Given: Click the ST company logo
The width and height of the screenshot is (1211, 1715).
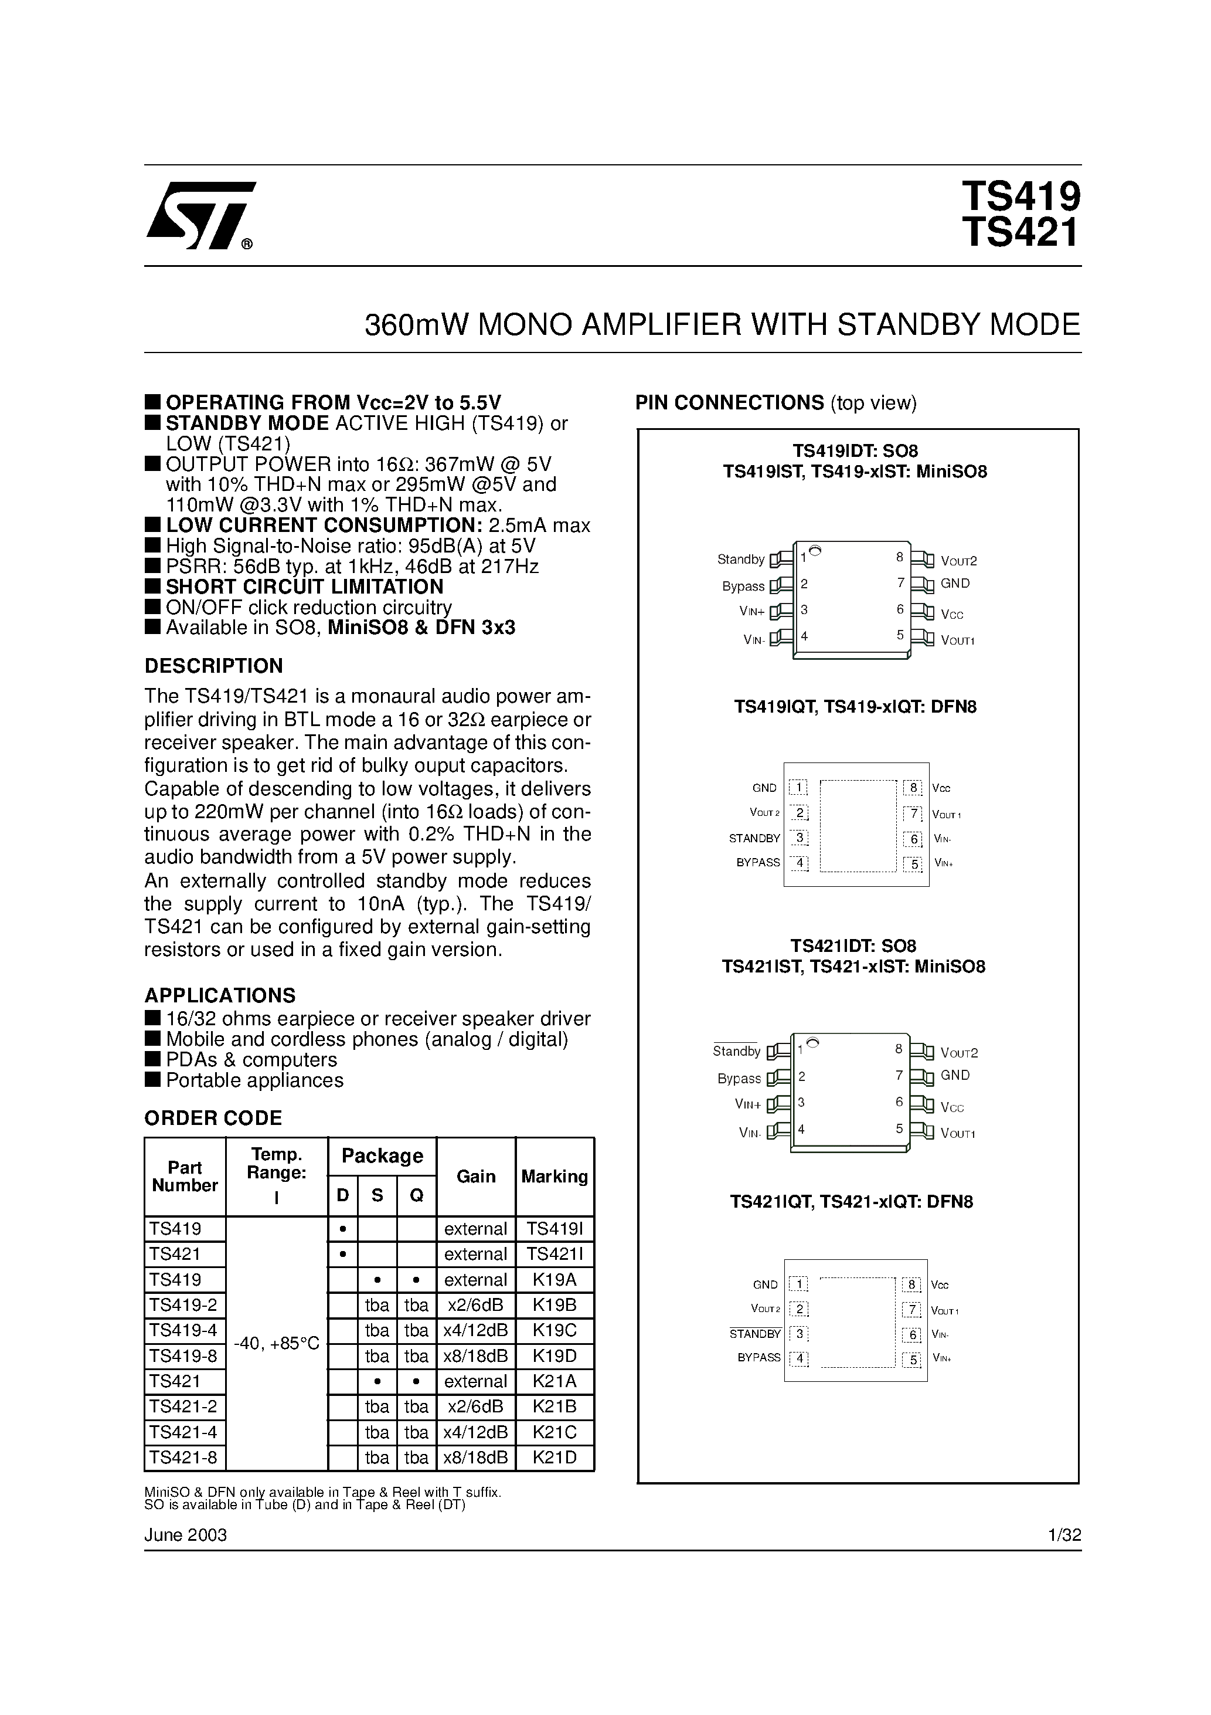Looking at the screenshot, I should tap(200, 215).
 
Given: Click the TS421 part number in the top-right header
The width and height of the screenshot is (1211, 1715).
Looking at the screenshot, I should tap(1020, 232).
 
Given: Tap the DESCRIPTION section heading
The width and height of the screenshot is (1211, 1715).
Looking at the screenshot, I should tap(213, 666).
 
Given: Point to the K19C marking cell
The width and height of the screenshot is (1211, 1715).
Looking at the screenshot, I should tap(555, 1330).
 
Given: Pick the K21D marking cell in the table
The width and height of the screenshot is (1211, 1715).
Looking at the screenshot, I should tap(555, 1458).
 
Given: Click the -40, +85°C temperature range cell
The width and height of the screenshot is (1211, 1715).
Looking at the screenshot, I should tap(276, 1344).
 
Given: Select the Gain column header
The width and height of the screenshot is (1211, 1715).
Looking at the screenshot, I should tap(475, 1177).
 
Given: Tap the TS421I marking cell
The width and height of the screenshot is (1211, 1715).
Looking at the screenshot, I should tap(555, 1254).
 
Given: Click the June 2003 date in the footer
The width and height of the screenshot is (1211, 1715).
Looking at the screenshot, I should tap(185, 1534).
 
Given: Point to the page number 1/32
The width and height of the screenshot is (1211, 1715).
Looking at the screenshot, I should tap(1064, 1535).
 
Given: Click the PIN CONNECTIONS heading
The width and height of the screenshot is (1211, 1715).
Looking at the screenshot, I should tap(729, 402).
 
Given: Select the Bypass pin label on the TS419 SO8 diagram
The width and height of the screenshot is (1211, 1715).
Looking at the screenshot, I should tap(743, 587).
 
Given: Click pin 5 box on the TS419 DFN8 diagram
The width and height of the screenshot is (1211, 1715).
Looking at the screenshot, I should tap(913, 864).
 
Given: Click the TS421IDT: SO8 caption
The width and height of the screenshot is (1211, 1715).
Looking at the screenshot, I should tap(853, 945).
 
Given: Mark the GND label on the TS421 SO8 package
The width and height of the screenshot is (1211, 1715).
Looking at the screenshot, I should tap(955, 1075).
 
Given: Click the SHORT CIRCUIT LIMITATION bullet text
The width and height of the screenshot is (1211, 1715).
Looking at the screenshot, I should tap(305, 587).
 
